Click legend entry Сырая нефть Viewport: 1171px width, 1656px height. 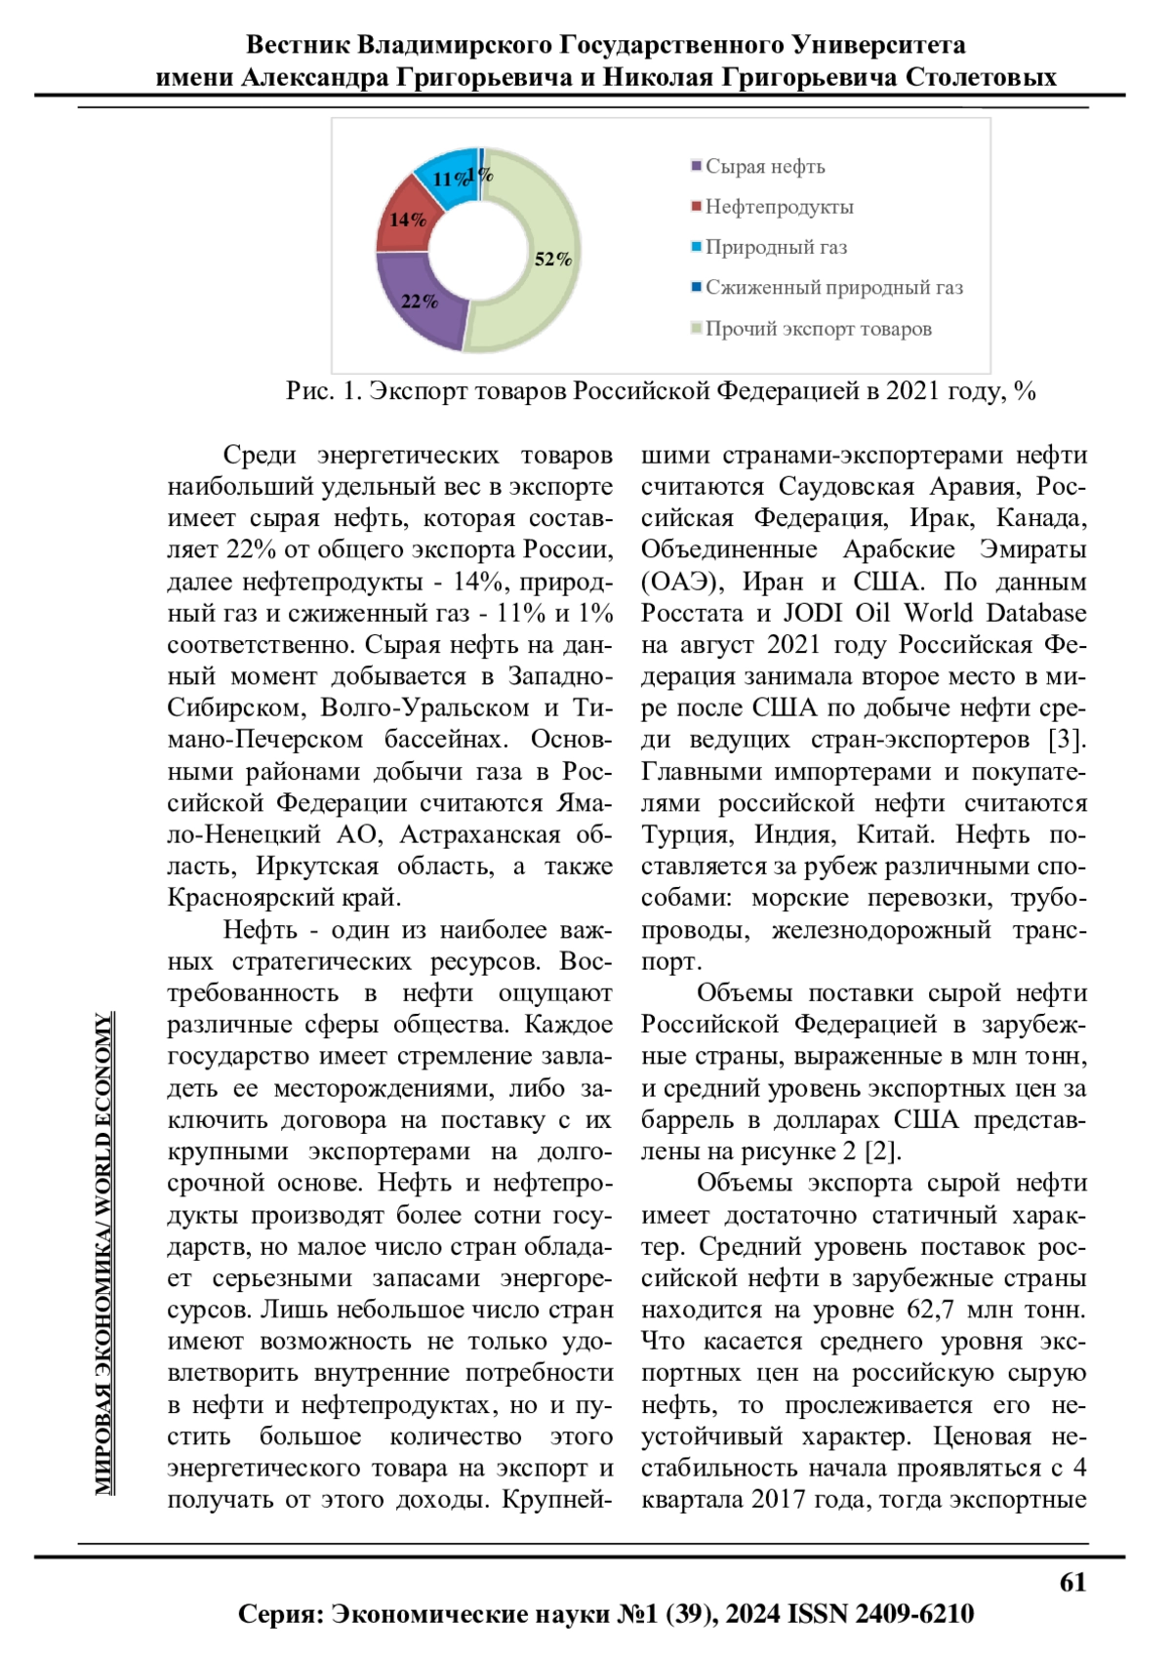(764, 167)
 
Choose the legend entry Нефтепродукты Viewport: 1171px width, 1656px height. (779, 207)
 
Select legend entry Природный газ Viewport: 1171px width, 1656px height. (776, 247)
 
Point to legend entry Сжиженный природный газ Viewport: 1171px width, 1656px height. (833, 288)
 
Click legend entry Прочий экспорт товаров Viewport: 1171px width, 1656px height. (818, 329)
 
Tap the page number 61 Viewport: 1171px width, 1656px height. (1072, 1582)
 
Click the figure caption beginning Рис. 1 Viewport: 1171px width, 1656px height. (661, 391)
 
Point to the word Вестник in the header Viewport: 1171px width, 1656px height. (297, 45)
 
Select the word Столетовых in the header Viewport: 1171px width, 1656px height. (980, 77)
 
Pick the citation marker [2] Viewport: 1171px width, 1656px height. (880, 1151)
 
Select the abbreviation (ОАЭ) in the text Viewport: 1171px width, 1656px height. (682, 582)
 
